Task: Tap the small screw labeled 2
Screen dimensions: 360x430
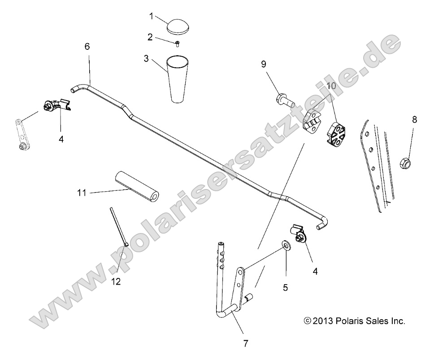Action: [178, 44]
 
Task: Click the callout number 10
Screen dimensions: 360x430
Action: [331, 85]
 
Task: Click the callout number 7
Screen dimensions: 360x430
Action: [245, 344]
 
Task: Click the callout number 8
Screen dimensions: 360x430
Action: [414, 119]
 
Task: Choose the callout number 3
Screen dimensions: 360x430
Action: [146, 58]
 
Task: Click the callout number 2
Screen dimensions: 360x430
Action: [150, 37]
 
